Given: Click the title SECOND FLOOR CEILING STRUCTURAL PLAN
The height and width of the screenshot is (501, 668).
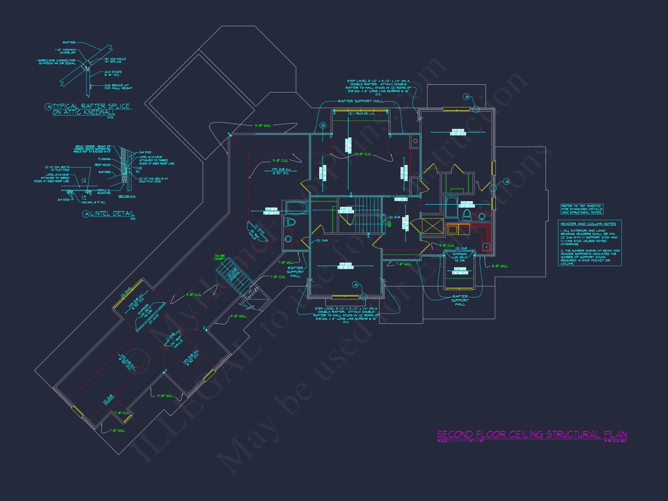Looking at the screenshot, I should (532, 435).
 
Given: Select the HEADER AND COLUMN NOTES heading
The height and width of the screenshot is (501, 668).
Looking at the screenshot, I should (588, 224).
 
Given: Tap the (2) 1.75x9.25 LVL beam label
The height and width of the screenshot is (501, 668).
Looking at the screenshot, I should (362, 114).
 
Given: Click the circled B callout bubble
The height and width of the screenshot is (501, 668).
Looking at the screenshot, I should (323, 125).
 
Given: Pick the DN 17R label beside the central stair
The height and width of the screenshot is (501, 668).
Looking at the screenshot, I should (389, 224).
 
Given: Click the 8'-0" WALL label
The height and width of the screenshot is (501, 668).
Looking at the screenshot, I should (500, 266).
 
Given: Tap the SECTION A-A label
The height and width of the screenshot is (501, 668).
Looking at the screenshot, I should (127, 196).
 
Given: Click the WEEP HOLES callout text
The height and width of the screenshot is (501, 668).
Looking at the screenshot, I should (103, 165).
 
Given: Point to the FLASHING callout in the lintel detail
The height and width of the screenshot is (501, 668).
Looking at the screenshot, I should (104, 159).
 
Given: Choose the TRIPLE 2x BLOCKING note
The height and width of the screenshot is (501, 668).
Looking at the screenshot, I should (104, 191).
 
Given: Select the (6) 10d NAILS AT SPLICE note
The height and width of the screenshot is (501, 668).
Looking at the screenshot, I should (115, 60).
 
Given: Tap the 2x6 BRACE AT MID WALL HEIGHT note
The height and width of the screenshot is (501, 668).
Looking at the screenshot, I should (118, 87).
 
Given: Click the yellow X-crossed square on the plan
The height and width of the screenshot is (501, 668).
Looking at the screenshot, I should (432, 226).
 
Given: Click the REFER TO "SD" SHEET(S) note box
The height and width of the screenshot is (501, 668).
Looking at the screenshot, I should (582, 209).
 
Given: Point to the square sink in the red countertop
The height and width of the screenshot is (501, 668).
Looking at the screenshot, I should (486, 247).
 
